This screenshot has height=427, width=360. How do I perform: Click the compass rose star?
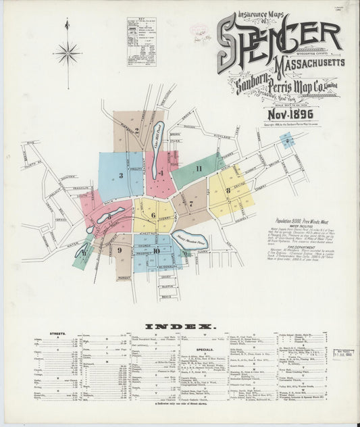(x=67, y=52)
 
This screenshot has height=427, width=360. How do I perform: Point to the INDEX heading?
(x=179, y=326)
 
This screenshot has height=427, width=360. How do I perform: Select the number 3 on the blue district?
(x=121, y=176)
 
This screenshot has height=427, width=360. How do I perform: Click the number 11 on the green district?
(x=199, y=168)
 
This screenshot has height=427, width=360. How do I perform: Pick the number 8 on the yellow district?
(x=228, y=191)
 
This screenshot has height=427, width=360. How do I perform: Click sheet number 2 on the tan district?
(x=136, y=130)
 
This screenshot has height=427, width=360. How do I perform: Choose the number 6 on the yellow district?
(x=153, y=216)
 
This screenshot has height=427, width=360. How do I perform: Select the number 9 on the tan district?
(x=118, y=249)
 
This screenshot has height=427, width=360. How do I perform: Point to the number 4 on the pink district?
(x=161, y=173)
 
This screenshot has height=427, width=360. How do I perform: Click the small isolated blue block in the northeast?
(x=288, y=141)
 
